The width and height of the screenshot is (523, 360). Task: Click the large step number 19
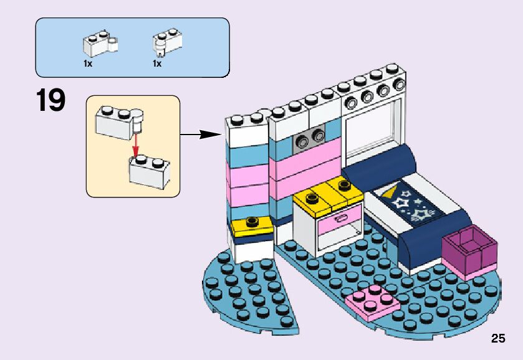pyautogui.click(x=50, y=101)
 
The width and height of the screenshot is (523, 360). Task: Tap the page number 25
pyautogui.click(x=497, y=339)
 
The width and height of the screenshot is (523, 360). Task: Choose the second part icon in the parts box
pyautogui.click(x=168, y=41)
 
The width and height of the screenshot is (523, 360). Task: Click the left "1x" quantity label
pyautogui.click(x=88, y=64)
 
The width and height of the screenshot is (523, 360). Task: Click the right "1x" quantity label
pyautogui.click(x=157, y=64)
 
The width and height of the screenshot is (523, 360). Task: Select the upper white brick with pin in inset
pyautogui.click(x=118, y=119)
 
